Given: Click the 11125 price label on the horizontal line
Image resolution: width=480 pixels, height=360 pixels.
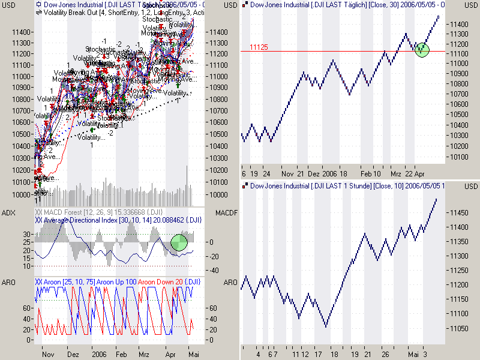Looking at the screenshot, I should pos(259,47).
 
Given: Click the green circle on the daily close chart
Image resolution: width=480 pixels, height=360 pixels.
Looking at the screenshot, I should pos(422,49).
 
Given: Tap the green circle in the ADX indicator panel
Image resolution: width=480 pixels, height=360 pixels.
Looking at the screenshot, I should pos(179,242).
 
